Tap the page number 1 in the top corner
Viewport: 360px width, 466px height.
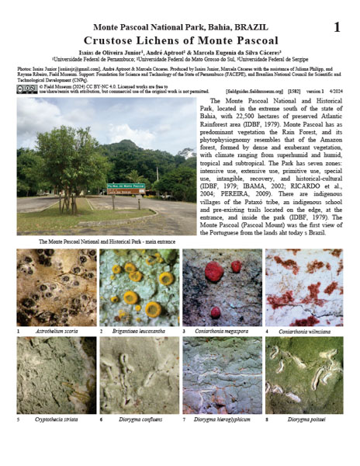tap(337, 27)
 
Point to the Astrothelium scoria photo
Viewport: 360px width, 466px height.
tap(57, 287)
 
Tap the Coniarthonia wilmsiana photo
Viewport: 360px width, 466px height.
tap(304, 287)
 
